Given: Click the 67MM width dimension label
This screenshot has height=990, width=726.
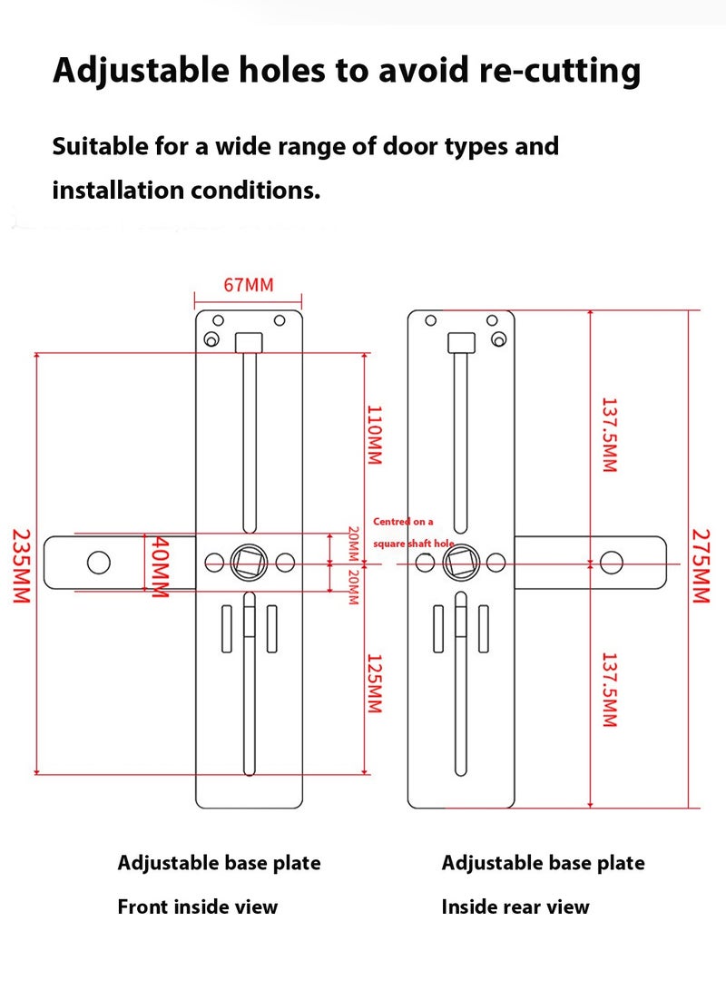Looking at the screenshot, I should click(x=249, y=285).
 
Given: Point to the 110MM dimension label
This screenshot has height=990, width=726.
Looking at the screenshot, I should click(x=374, y=434).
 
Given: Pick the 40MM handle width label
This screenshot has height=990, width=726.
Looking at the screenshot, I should click(x=160, y=565).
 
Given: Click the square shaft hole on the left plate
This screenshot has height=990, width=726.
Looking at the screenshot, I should click(x=249, y=563).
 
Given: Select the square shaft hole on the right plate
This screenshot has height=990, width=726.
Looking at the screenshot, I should click(x=460, y=563).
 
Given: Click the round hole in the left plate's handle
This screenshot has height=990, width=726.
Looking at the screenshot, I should click(x=99, y=563).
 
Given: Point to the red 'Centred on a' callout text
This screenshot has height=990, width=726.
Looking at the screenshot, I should click(x=404, y=522).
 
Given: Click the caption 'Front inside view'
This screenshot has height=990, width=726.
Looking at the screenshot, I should click(x=197, y=907).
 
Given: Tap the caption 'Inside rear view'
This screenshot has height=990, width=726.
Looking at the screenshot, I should click(x=515, y=907).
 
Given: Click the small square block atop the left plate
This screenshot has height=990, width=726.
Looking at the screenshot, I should click(x=248, y=342).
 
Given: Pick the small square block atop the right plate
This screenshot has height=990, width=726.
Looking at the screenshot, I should click(x=460, y=342).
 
